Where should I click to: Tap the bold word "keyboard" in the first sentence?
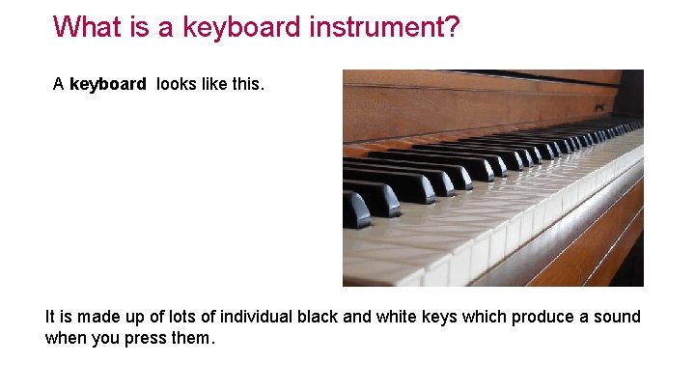coord(108,84)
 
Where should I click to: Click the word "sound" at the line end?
coord(619,317)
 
